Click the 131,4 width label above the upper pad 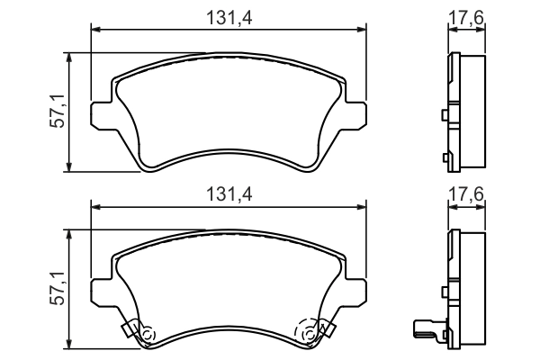(229, 17)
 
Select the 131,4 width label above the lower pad (229, 194)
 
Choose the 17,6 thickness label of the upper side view (466, 17)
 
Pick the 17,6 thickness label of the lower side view (466, 194)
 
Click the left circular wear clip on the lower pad (146, 334)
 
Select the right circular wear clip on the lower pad (311, 334)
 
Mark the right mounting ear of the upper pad (357, 114)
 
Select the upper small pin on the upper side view (445, 115)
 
